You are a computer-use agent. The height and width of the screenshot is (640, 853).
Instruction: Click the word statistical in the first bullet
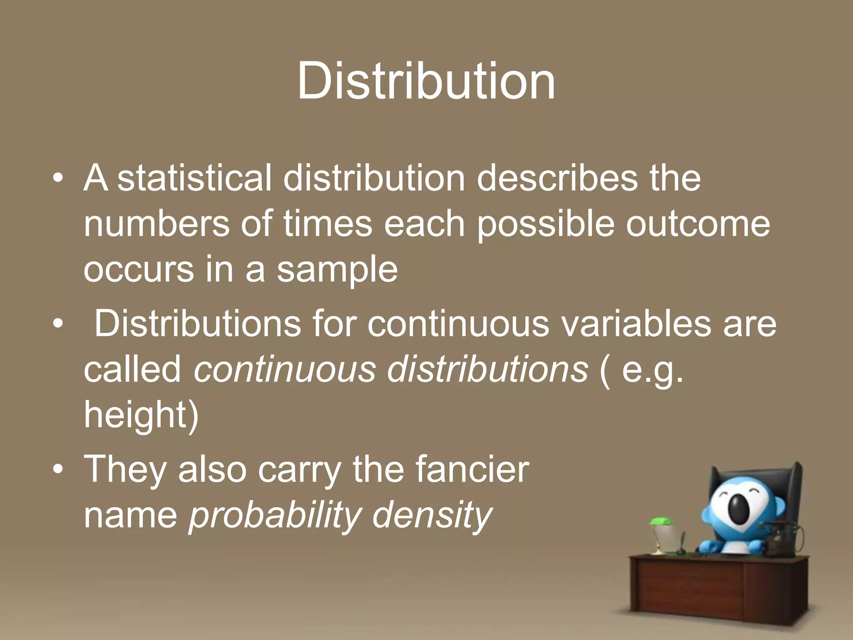[x=194, y=178]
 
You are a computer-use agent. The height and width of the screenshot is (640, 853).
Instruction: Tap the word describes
[x=557, y=178]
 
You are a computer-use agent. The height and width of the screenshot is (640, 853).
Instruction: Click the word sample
[x=337, y=270]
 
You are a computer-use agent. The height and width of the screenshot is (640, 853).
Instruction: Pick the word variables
[x=636, y=324]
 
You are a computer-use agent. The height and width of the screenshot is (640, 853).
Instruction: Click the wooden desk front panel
[x=687, y=587]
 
